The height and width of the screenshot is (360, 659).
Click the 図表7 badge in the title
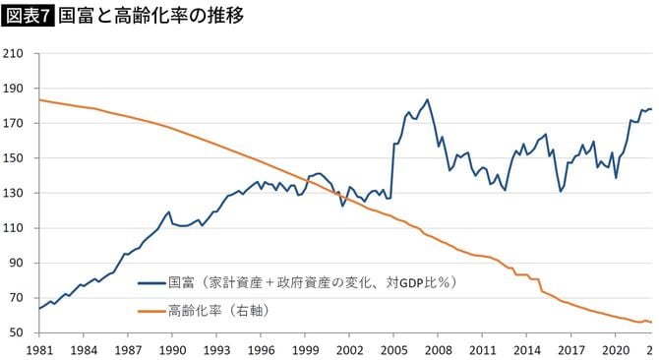coord(28,17)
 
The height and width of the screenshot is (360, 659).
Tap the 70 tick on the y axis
coord(17,298)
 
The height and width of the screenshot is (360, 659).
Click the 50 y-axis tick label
coord(17,333)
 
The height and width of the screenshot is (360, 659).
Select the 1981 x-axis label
coord(39,350)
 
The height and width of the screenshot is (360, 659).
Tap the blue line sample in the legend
coord(150,283)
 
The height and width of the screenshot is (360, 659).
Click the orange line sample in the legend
coord(150,310)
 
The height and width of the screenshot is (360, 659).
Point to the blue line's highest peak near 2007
coord(427,99)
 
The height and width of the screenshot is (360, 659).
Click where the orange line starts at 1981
coord(39,99)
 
